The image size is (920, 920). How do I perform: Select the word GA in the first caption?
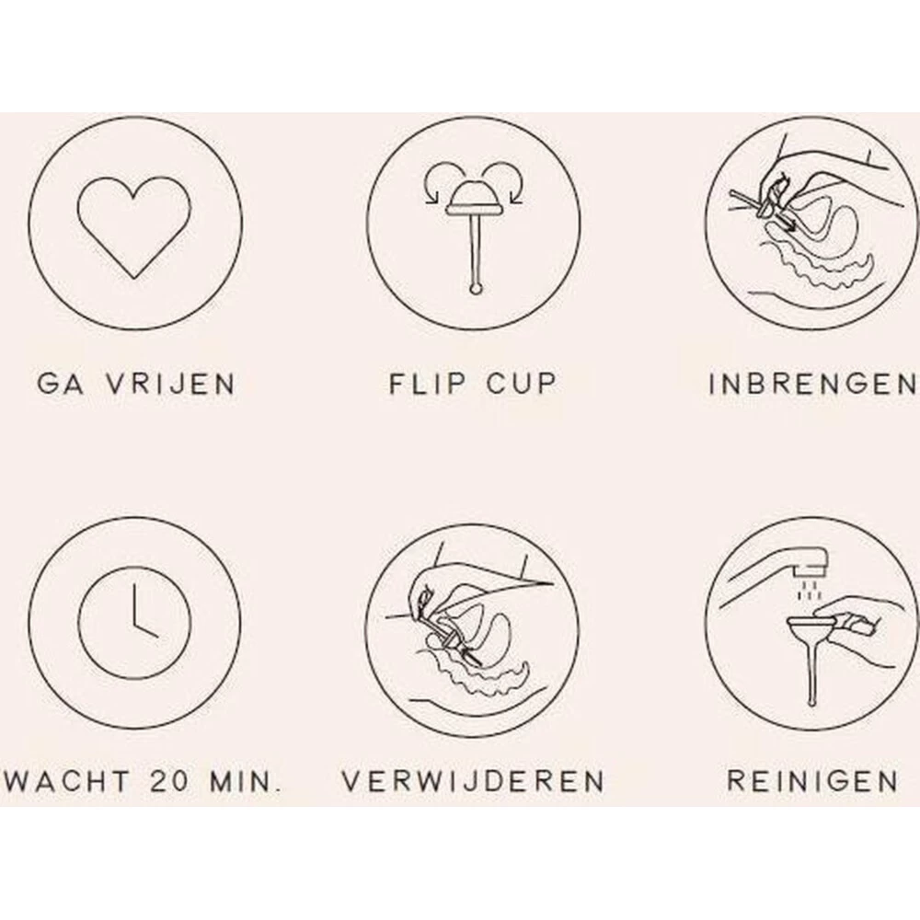pyautogui.click(x=56, y=384)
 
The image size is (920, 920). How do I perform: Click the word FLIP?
pyautogui.click(x=419, y=384)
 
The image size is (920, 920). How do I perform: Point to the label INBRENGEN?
pyautogui.click(x=813, y=384)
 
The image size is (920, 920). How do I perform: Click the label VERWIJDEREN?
pyautogui.click(x=473, y=782)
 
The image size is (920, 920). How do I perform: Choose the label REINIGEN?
pyautogui.click(x=812, y=782)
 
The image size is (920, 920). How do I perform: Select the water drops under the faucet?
pyautogui.click(x=810, y=589)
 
